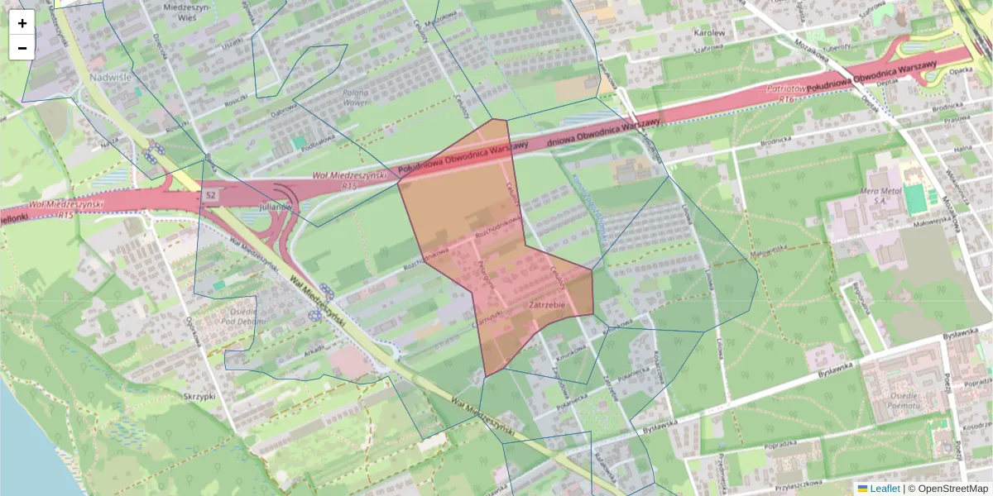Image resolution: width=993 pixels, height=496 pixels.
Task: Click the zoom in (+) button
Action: click(x=22, y=22)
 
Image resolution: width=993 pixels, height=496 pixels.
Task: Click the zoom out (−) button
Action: click(x=22, y=48)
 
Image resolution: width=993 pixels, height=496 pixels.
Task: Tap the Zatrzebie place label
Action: click(x=546, y=306)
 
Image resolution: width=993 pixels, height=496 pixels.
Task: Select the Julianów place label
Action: click(x=276, y=206)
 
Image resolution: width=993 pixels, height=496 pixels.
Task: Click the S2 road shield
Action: click(x=211, y=195)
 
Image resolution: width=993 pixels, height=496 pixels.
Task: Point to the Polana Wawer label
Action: click(x=355, y=98)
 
